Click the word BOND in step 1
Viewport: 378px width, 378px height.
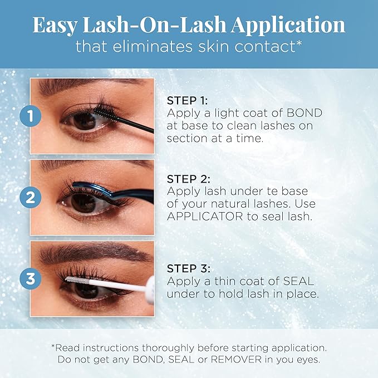coord(306,114)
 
